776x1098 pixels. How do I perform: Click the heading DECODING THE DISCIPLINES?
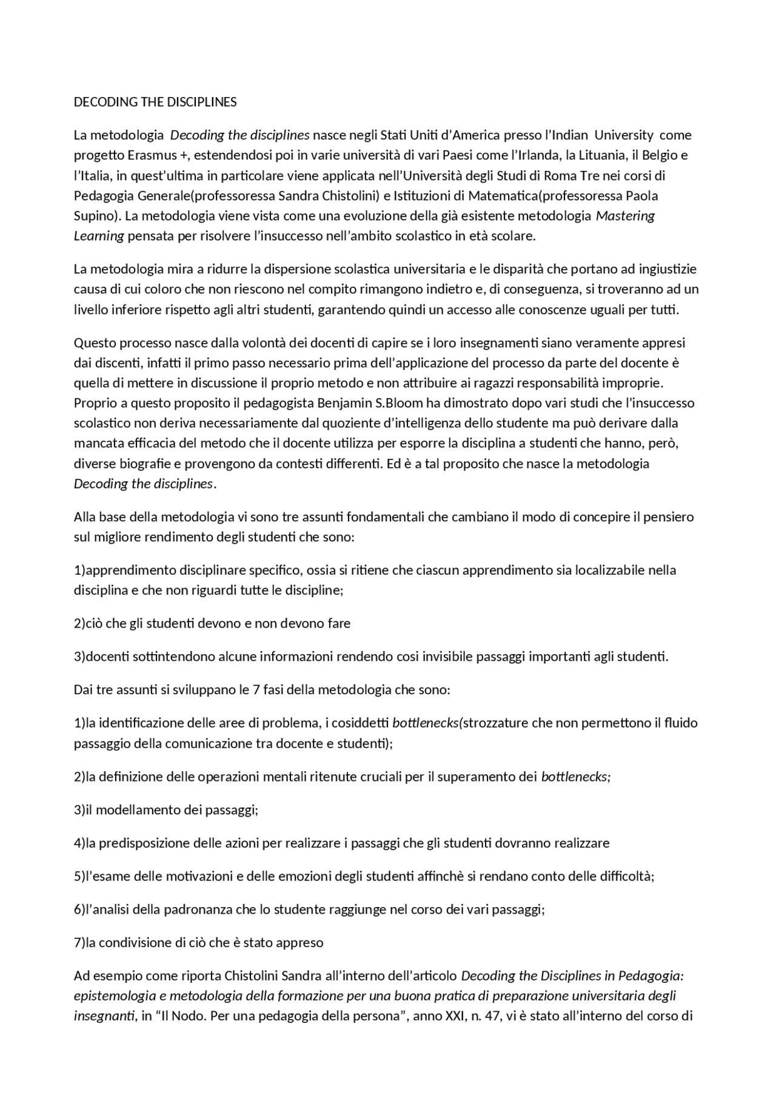click(155, 102)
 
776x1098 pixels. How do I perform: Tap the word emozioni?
click(288, 876)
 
